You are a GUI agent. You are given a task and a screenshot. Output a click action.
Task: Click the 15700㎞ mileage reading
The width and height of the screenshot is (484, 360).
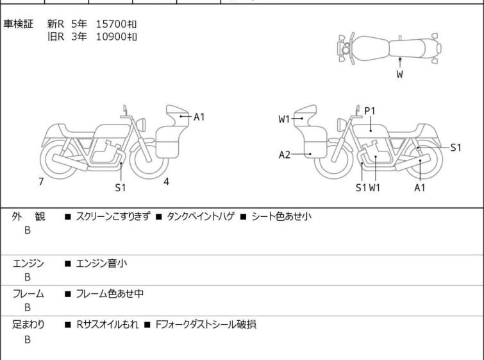point(116,24)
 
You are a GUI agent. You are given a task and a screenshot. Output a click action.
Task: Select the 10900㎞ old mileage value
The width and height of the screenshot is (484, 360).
point(116,37)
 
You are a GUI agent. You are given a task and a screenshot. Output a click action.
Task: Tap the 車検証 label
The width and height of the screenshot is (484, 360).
point(19,24)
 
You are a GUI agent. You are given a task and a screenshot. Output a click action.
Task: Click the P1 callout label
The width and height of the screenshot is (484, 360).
point(370,111)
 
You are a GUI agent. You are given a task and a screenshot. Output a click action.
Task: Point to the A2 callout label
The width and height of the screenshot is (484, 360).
point(285,155)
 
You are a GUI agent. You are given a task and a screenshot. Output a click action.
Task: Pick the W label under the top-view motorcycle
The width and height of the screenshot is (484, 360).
point(399,74)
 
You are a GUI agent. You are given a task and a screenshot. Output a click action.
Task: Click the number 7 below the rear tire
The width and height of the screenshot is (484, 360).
point(41,182)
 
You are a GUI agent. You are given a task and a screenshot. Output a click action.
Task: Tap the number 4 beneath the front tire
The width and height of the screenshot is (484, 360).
point(166,182)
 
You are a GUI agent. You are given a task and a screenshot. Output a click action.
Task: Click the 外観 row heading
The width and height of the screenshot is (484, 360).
point(29,217)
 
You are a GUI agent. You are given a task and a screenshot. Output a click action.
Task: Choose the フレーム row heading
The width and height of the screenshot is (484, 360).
point(29,294)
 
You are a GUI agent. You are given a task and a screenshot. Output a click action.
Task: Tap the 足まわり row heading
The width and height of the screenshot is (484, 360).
point(29,325)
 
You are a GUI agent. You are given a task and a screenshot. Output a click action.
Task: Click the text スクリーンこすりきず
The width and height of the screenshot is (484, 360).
point(113,217)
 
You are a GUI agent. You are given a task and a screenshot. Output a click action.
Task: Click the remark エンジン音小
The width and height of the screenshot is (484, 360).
point(106,263)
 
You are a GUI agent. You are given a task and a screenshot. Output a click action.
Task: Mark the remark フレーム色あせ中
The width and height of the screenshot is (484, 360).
point(110,294)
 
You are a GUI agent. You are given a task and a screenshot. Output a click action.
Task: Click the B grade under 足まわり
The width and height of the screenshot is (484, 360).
point(28,339)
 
